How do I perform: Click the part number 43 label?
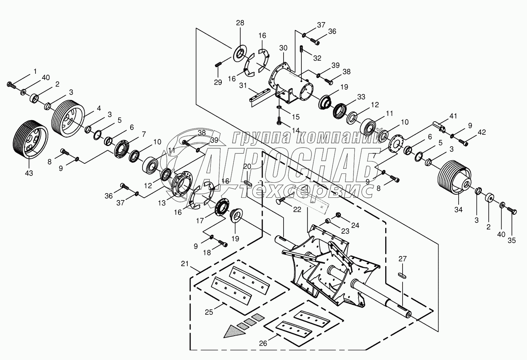pos(29,173)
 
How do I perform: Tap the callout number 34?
pos(458,209)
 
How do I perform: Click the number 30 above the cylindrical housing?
pos(283,48)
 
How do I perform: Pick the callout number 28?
pos(240,23)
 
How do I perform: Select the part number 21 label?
pos(185,264)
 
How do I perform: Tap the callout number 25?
pos(209,312)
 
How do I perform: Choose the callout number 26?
pos(263,343)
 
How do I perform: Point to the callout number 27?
pos(402,259)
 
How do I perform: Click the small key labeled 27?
pos(402,275)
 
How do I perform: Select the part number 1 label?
pos(35,71)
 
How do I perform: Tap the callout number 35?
pos(512,240)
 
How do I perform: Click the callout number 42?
pos(481,132)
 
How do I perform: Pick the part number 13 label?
pos(162,203)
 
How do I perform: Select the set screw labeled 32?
pos(301,50)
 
